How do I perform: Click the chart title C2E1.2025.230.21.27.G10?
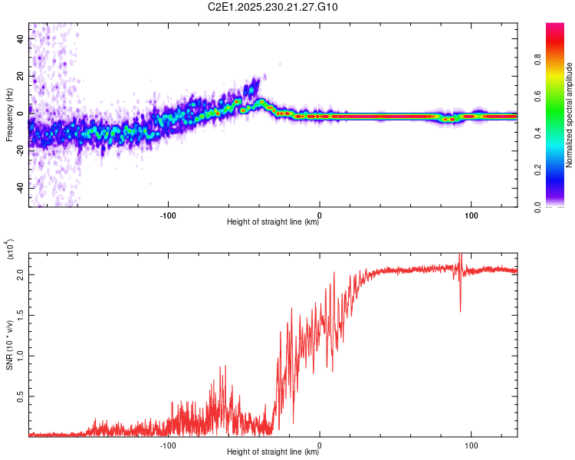point(272,7)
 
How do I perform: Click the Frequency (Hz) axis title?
point(9,115)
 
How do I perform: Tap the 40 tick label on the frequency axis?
point(20,39)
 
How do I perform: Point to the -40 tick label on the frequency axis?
point(20,189)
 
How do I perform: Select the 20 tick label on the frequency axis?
point(20,77)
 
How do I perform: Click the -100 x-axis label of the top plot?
point(168,215)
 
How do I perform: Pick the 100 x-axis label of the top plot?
point(472,215)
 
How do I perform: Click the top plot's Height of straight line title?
point(273,222)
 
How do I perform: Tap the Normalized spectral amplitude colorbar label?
point(569,115)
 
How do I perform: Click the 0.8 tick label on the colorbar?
point(537,60)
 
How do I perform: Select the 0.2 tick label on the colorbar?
point(537,170)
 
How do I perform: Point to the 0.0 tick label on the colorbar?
point(537,207)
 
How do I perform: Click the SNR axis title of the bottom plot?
point(9,345)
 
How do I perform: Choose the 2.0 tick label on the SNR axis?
point(20,274)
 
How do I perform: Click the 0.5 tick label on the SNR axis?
point(20,396)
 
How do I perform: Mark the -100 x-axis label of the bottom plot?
point(168,445)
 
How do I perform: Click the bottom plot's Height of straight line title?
point(273,452)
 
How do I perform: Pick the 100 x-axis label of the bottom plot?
point(472,445)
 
